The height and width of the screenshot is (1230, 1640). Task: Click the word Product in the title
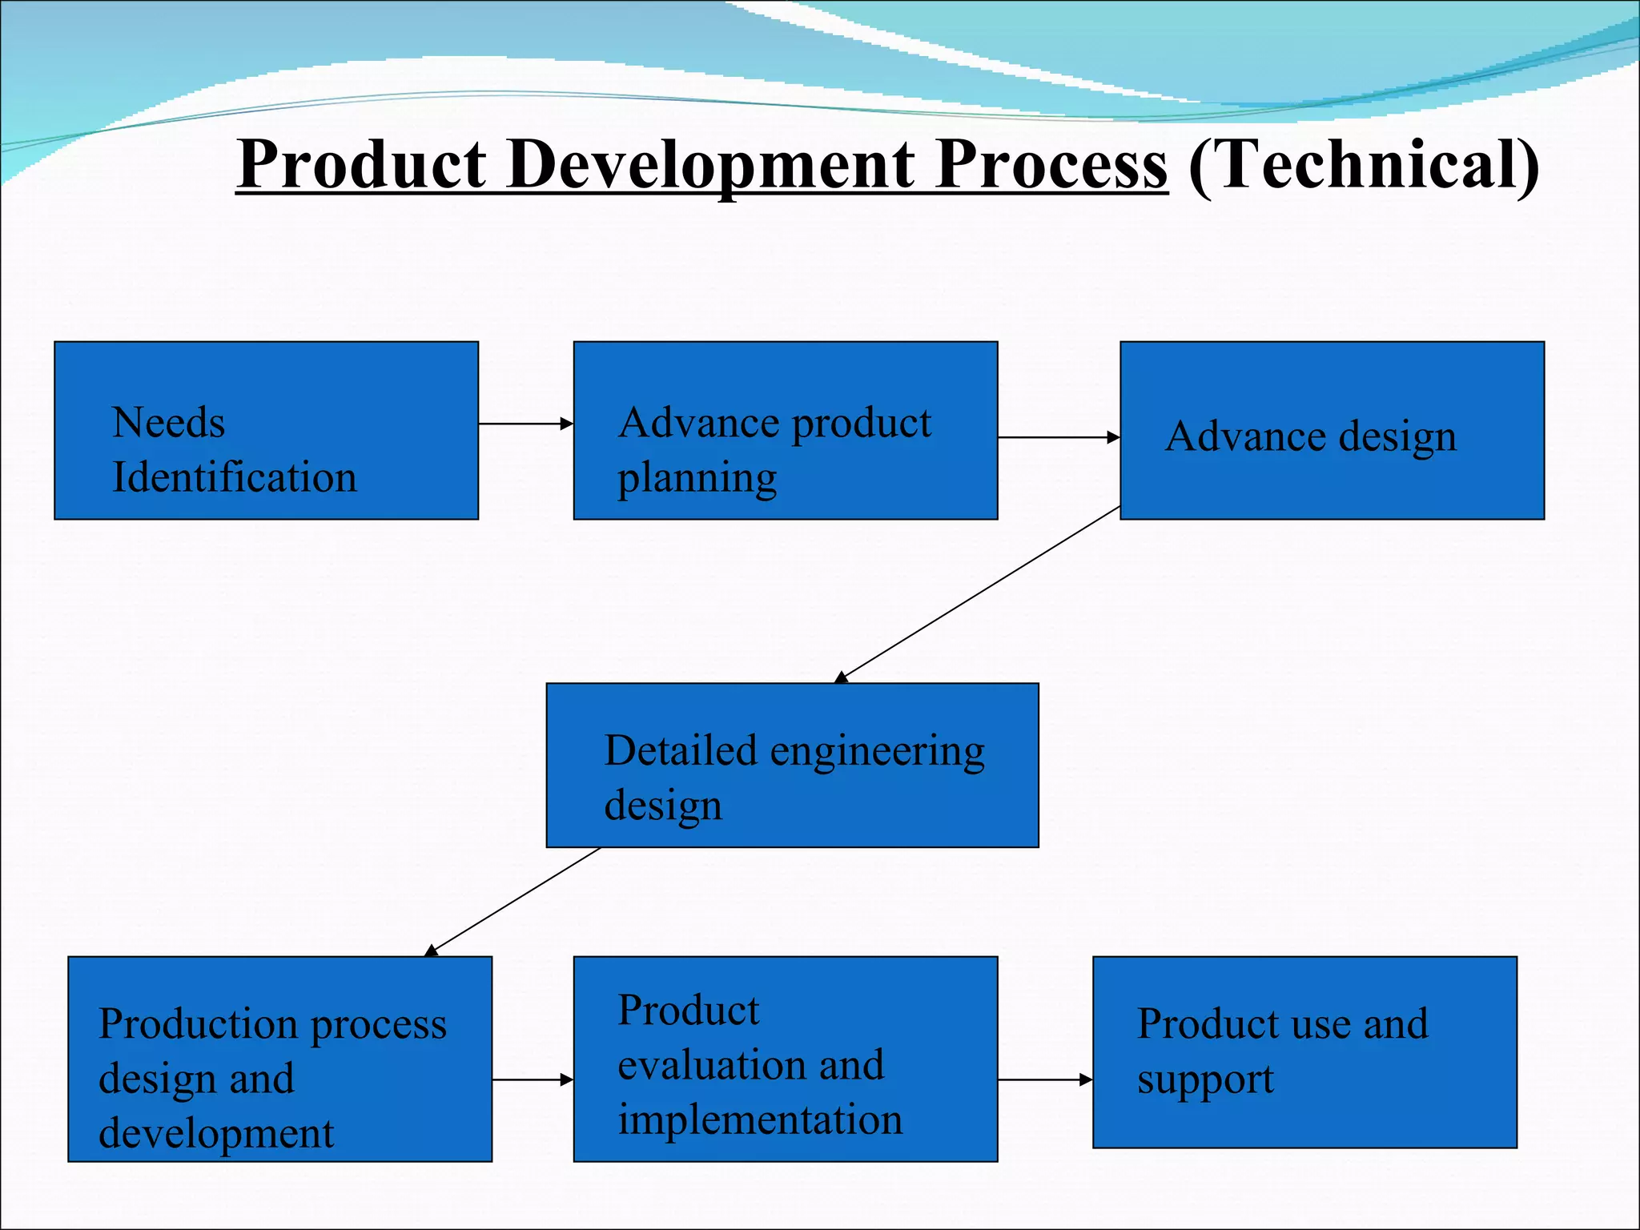tap(362, 164)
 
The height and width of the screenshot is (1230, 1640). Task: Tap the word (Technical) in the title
tap(1363, 164)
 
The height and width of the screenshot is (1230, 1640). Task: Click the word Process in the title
tap(1051, 164)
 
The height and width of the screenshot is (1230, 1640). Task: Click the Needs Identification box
tap(266, 431)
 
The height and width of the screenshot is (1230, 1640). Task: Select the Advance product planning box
tap(785, 431)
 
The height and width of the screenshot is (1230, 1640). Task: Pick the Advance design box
tap(1331, 431)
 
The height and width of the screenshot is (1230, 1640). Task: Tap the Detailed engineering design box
tap(792, 765)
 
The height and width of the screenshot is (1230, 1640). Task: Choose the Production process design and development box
tap(279, 1059)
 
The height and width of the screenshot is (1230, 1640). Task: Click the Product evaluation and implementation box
tap(785, 1059)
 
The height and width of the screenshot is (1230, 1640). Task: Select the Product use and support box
tap(1304, 1052)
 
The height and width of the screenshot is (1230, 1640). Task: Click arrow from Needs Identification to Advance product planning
tap(525, 424)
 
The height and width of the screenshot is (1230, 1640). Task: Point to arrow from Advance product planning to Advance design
tap(1058, 437)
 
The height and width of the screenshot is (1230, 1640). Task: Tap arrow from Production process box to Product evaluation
tap(532, 1079)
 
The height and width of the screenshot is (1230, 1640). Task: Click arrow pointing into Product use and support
tap(1044, 1079)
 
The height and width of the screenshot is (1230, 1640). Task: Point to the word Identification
tap(234, 477)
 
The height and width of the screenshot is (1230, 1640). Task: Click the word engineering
tap(877, 753)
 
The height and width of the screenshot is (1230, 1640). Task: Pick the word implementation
tap(760, 1119)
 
